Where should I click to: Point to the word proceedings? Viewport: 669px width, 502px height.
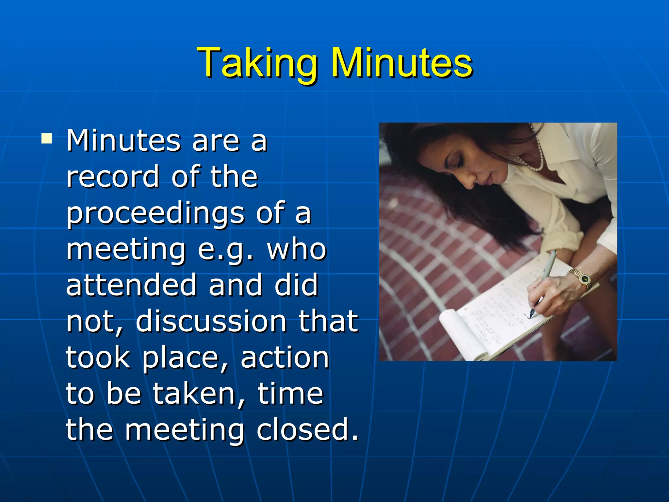155,213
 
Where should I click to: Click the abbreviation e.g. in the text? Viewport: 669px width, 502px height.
225,249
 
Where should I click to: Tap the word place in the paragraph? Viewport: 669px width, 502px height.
181,358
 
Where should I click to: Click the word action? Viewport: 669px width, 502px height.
285,358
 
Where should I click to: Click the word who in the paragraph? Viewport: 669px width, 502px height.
297,249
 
